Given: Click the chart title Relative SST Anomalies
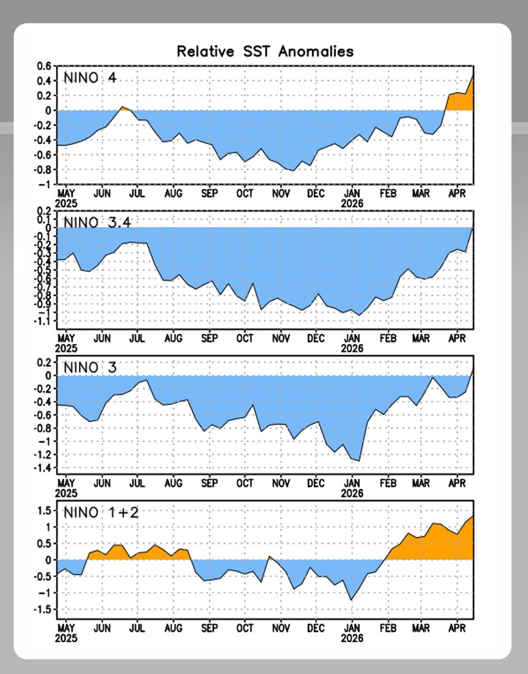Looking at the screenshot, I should tap(265, 52).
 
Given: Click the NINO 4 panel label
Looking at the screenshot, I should tap(90, 77).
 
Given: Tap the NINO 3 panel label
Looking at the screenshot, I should tap(90, 368).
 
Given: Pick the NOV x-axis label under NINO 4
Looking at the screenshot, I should tap(281, 193).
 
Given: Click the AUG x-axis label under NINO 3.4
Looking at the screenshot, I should tap(173, 338).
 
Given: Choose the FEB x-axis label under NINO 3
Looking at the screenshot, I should tap(387, 483).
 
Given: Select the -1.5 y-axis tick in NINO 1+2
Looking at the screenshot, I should tap(43, 610).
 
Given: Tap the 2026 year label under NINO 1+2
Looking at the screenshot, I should tap(352, 638).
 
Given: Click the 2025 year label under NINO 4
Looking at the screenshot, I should tap(67, 203).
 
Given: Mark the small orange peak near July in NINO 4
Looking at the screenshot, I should tap(122, 108).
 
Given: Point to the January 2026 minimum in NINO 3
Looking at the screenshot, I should tap(358, 461).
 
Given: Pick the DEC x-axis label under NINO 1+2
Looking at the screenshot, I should tap(316, 628).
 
